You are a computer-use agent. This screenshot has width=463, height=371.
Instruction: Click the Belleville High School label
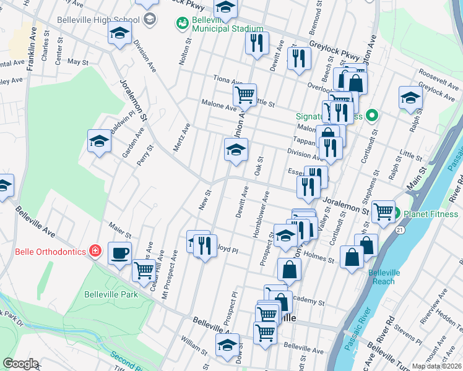[98, 19]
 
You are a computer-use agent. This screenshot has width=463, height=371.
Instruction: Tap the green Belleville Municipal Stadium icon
[183, 23]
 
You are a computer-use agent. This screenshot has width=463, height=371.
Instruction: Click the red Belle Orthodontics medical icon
[95, 251]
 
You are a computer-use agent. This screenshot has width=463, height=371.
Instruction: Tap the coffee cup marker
[119, 252]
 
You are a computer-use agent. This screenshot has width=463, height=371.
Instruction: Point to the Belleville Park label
[111, 294]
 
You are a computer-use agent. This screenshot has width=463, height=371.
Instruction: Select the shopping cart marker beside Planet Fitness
[383, 211]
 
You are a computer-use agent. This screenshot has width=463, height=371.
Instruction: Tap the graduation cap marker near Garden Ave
[99, 141]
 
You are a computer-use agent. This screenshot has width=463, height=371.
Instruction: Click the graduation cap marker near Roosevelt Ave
[410, 97]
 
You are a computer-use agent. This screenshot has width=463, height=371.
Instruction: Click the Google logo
[20, 364]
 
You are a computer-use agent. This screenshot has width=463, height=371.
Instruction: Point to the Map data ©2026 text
[436, 366]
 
